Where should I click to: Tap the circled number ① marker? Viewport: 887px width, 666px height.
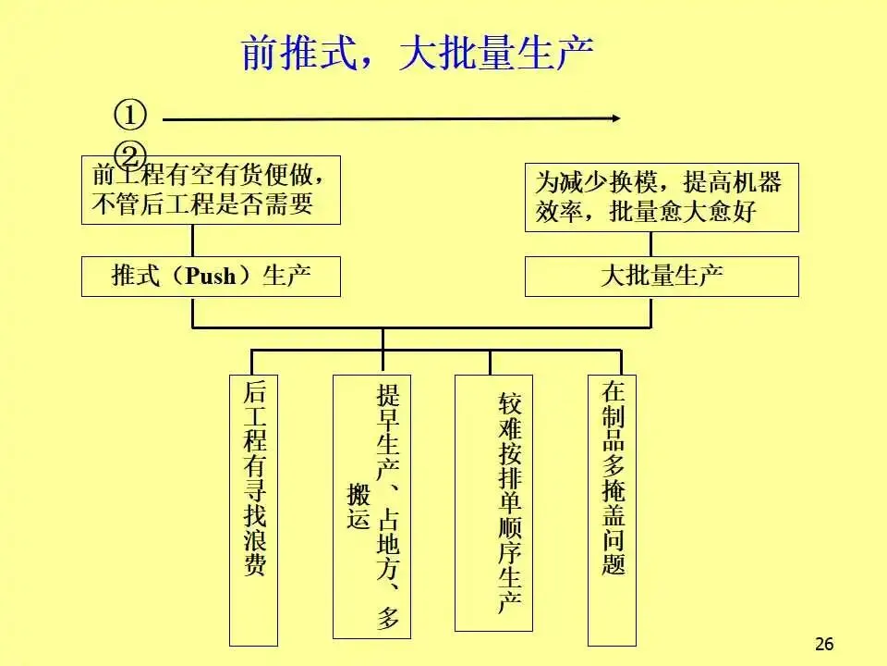(x=130, y=116)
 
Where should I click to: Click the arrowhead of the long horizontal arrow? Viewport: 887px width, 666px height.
(x=614, y=117)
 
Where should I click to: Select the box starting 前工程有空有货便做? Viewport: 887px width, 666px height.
(x=211, y=190)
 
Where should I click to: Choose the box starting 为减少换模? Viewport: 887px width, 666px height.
(x=662, y=197)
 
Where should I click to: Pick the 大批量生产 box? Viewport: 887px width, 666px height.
(x=662, y=277)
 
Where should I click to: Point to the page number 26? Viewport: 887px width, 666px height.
(x=825, y=644)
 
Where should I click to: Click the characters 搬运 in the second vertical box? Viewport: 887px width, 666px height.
(x=358, y=507)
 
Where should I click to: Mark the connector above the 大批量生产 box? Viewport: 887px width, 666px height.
(x=650, y=243)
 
